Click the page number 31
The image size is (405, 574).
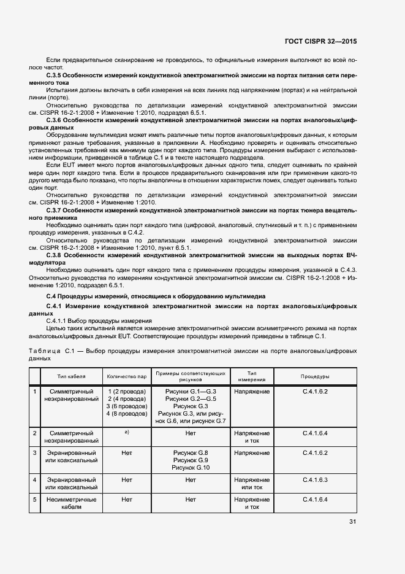352,522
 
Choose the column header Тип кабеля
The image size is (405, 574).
72,376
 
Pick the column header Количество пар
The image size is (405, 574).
127,376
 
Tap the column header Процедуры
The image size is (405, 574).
315,376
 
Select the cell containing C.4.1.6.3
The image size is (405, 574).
315,479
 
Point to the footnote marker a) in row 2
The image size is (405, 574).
127,433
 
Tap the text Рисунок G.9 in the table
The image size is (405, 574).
191,460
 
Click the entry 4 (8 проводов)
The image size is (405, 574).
127,413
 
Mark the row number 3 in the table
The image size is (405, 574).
35,452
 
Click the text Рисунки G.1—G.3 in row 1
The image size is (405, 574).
191,391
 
